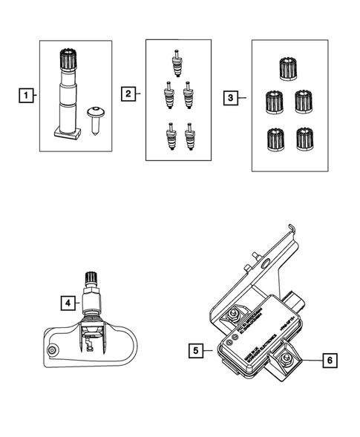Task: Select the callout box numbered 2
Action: click(x=128, y=93)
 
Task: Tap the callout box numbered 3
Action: click(x=231, y=96)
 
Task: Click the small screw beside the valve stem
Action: click(x=94, y=116)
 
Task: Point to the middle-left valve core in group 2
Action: click(x=167, y=94)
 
